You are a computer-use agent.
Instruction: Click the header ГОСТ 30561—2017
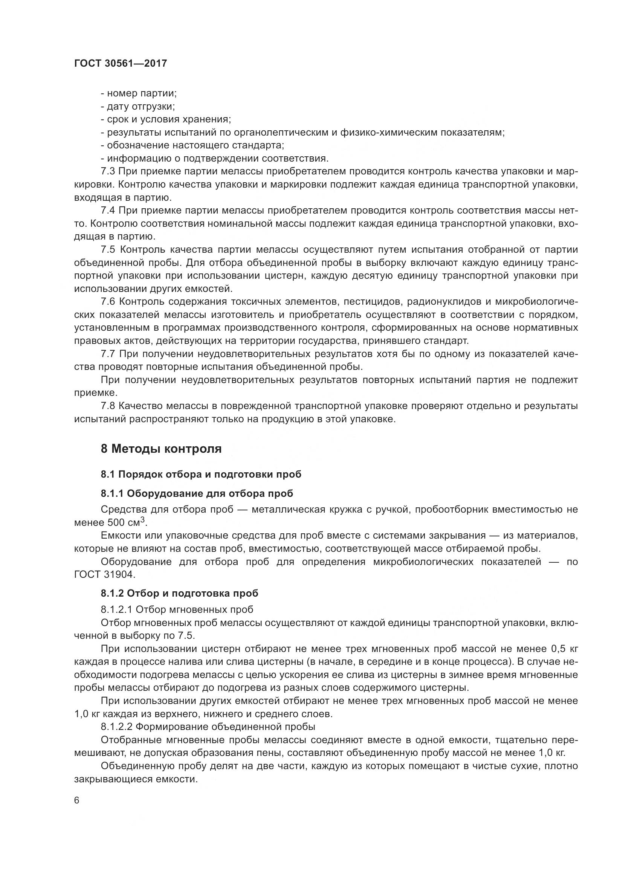pos(121,63)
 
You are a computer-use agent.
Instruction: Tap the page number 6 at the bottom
pos(77,801)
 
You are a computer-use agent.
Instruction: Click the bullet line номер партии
pos(139,93)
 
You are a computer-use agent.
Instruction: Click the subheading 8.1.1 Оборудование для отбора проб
pos(197,493)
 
